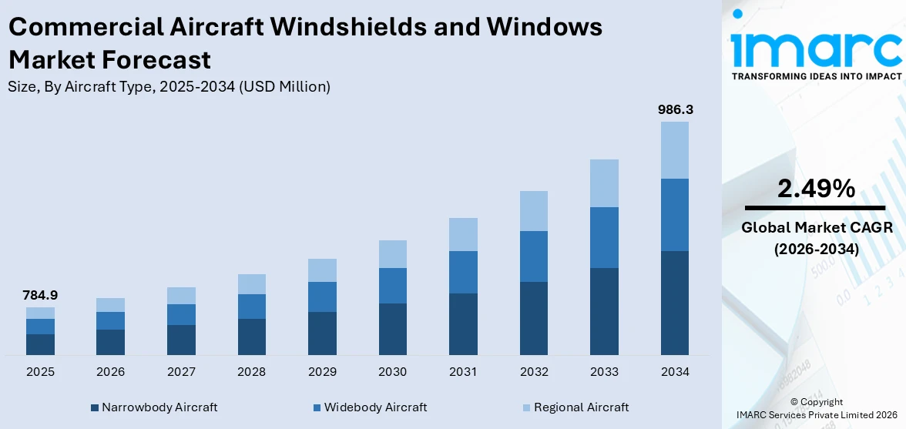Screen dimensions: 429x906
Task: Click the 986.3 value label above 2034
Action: pyautogui.click(x=675, y=110)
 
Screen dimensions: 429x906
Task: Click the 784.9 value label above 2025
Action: pyautogui.click(x=40, y=295)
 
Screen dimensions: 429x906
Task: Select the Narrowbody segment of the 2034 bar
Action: pyautogui.click(x=675, y=303)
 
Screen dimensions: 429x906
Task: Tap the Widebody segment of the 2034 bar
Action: pyautogui.click(x=675, y=215)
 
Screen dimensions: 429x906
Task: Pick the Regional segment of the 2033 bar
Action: pyautogui.click(x=604, y=183)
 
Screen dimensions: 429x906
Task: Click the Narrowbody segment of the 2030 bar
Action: pyautogui.click(x=392, y=329)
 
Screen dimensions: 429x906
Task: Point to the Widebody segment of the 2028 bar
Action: pyautogui.click(x=252, y=307)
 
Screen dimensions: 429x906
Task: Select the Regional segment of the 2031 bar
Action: pyautogui.click(x=463, y=234)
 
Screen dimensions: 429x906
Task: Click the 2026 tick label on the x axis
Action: pyautogui.click(x=111, y=372)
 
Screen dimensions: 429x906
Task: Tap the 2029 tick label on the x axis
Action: pyautogui.click(x=322, y=372)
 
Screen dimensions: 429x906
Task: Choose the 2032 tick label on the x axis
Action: pyautogui.click(x=534, y=372)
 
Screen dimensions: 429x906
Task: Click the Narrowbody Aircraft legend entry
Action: pyautogui.click(x=153, y=407)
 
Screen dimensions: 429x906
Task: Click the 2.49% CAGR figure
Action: pyautogui.click(x=815, y=189)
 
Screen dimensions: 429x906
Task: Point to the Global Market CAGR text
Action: pyautogui.click(x=815, y=227)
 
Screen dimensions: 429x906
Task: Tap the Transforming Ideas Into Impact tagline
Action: pyautogui.click(x=815, y=76)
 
